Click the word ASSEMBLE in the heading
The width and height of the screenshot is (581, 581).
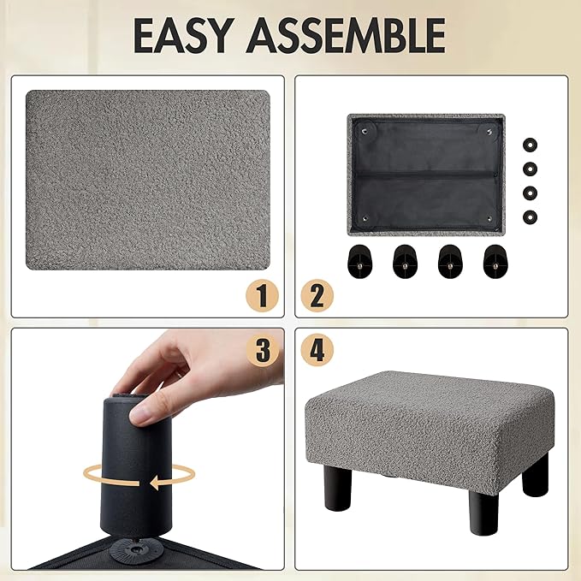click(x=347, y=35)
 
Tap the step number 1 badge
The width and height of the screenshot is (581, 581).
click(x=263, y=296)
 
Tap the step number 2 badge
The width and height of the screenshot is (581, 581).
click(x=317, y=296)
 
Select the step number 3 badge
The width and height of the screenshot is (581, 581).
click(x=263, y=350)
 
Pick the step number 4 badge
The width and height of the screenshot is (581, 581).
click(x=317, y=350)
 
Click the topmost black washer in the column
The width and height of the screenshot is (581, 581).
click(x=531, y=145)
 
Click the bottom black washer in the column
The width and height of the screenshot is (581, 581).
click(x=531, y=216)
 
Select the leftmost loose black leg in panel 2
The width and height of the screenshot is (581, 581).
click(x=359, y=262)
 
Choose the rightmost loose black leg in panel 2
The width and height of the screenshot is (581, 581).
click(x=495, y=262)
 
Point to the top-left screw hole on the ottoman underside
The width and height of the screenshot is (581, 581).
click(x=364, y=130)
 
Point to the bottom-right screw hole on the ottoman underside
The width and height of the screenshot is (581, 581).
click(x=489, y=219)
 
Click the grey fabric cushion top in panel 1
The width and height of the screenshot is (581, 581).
click(x=148, y=180)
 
